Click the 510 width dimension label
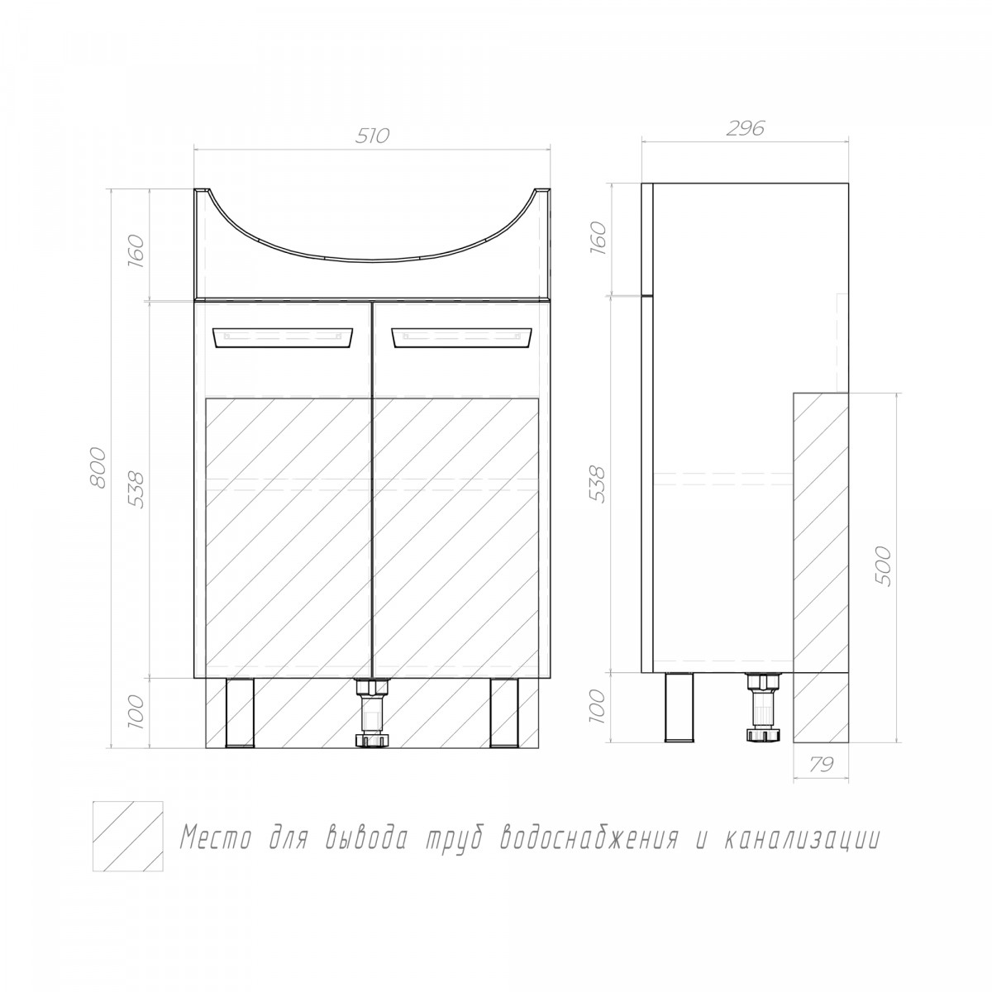click(372, 136)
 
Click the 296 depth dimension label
click(745, 129)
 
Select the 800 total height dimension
click(98, 468)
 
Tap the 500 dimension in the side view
click(882, 565)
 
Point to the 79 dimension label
click(821, 764)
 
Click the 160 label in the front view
click(136, 248)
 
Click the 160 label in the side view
click(599, 235)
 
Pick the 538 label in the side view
click(599, 484)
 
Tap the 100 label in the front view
click(136, 711)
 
